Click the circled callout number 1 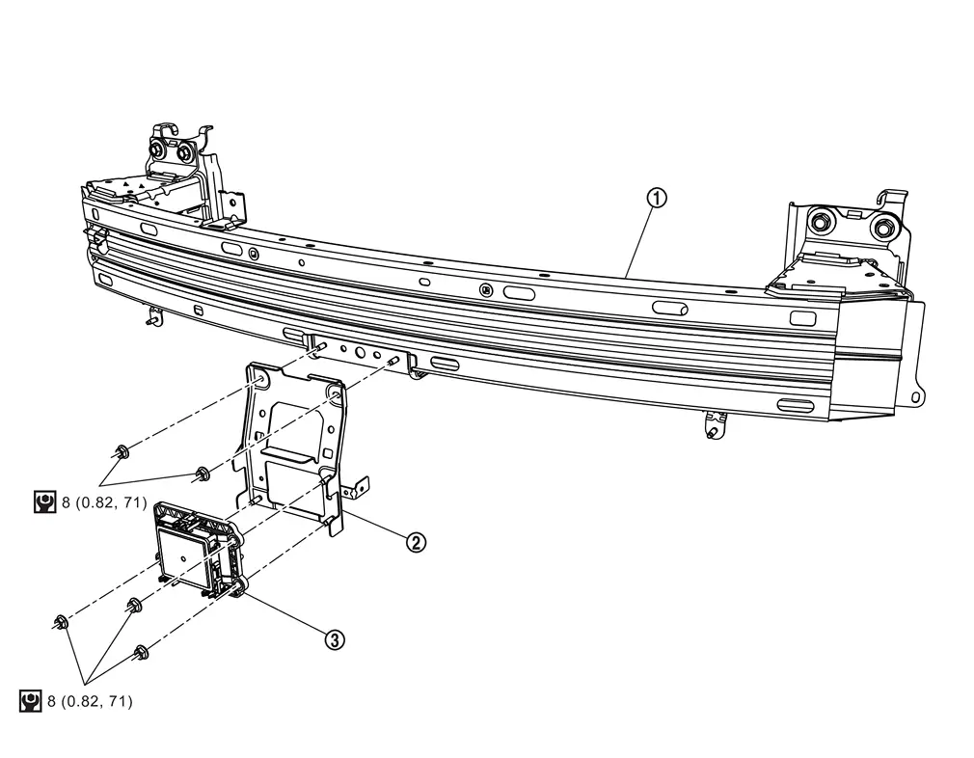657,199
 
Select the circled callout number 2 415,543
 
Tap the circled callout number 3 335,638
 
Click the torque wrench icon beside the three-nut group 30,701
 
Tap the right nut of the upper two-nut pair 203,473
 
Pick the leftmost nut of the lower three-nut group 62,621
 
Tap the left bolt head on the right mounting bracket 821,220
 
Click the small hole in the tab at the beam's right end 915,395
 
